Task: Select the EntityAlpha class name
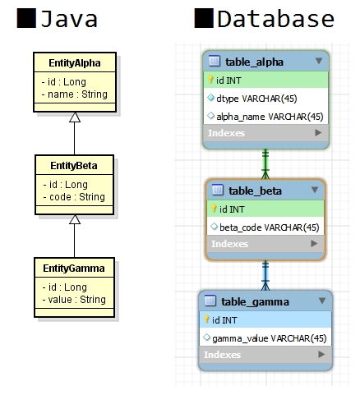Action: click(74, 62)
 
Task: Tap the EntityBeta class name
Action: click(74, 166)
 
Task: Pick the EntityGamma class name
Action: click(74, 269)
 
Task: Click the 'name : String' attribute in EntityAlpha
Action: click(73, 95)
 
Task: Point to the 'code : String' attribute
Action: click(73, 197)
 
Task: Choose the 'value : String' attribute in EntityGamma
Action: click(73, 300)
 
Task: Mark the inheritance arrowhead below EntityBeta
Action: click(74, 219)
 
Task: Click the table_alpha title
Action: click(255, 61)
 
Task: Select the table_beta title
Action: click(256, 191)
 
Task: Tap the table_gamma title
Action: click(255, 301)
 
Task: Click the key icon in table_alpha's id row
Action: click(210, 80)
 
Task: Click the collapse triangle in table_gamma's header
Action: click(322, 301)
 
